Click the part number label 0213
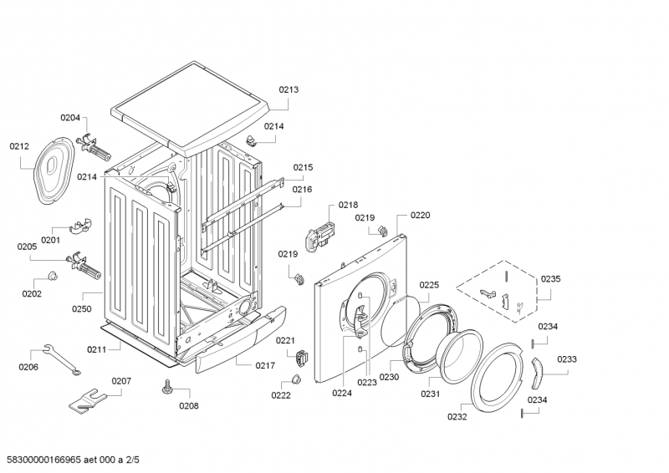click(289, 89)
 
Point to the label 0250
click(82, 309)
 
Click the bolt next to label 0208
click(167, 386)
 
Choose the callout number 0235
click(550, 279)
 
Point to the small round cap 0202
click(52, 277)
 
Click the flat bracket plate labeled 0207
click(90, 399)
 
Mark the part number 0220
click(420, 215)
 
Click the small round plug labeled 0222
click(296, 381)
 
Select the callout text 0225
click(428, 284)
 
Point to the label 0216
click(302, 190)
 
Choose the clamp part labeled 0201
click(79, 225)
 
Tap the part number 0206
click(28, 366)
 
